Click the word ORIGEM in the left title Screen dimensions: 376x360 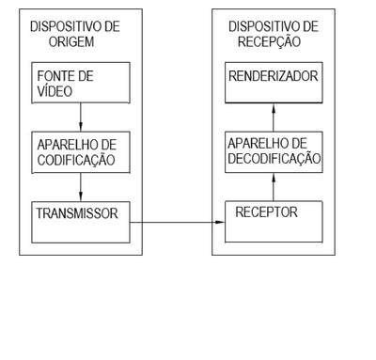(x=71, y=41)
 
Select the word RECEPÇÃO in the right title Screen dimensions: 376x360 (x=269, y=42)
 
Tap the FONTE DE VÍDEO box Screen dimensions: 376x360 (x=81, y=83)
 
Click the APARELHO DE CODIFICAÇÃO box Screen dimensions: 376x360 (x=81, y=152)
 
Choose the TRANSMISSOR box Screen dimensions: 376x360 (x=81, y=222)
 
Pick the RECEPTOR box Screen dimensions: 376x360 (x=274, y=222)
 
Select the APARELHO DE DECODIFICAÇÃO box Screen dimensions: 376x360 (x=274, y=152)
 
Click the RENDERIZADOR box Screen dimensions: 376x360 (x=274, y=83)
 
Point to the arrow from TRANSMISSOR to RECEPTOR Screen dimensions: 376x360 (x=178, y=222)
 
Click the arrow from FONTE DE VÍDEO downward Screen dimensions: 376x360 (x=81, y=117)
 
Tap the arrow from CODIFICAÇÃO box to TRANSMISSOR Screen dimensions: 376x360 (x=81, y=187)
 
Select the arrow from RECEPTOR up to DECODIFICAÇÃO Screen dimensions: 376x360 (x=274, y=187)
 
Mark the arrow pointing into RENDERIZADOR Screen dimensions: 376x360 (x=274, y=117)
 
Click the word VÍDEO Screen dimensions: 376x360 (x=55, y=90)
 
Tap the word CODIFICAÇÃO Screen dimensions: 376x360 (x=76, y=160)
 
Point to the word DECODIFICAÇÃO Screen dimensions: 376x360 (x=274, y=158)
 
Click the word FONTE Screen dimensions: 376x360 (x=55, y=76)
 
